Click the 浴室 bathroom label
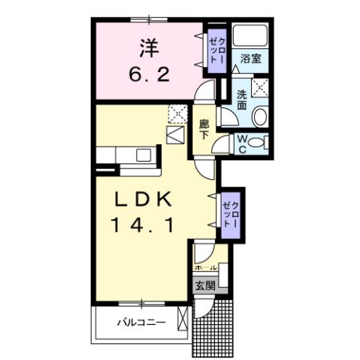(250, 59)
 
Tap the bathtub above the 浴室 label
(250, 36)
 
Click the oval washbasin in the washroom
(259, 117)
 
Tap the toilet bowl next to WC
(257, 142)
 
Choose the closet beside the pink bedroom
(217, 51)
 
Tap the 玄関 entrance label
(205, 286)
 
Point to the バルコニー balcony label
(136, 323)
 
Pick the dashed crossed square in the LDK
(177, 113)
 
